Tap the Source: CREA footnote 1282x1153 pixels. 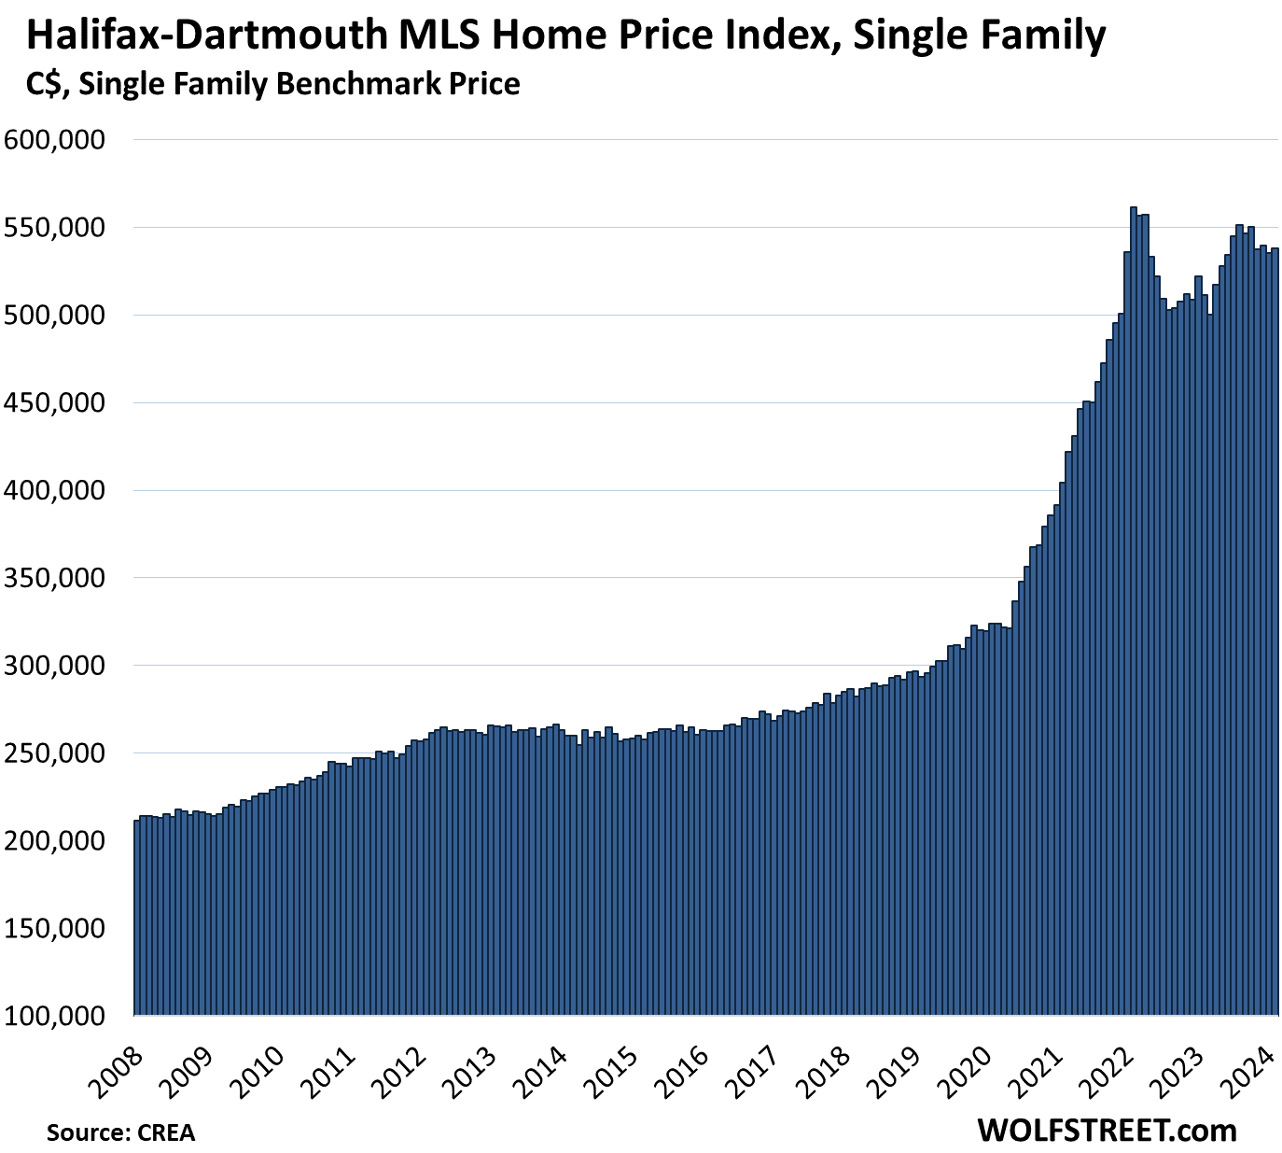pos(121,1132)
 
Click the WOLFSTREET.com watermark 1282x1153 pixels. pos(1107,1131)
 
